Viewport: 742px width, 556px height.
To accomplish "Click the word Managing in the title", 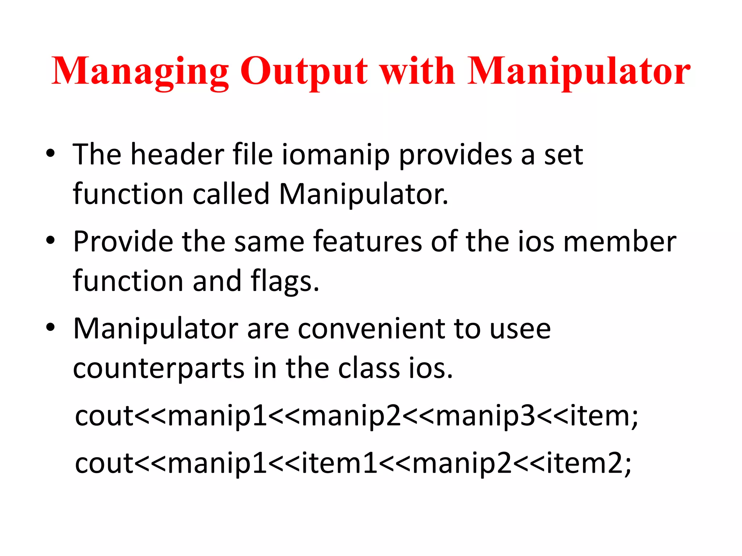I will pyautogui.click(x=140, y=71).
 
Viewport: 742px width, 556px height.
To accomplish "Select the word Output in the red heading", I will pyautogui.click(x=304, y=71).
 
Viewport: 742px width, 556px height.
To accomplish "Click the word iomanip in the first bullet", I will pyautogui.click(x=335, y=155).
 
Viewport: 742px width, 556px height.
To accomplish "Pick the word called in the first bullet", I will pyautogui.click(x=231, y=194).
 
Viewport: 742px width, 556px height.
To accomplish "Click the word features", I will pyautogui.click(x=368, y=241).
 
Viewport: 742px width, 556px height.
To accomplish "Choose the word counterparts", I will pyautogui.click(x=159, y=369).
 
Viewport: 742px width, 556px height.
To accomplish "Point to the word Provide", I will pyautogui.click(x=123, y=241).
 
